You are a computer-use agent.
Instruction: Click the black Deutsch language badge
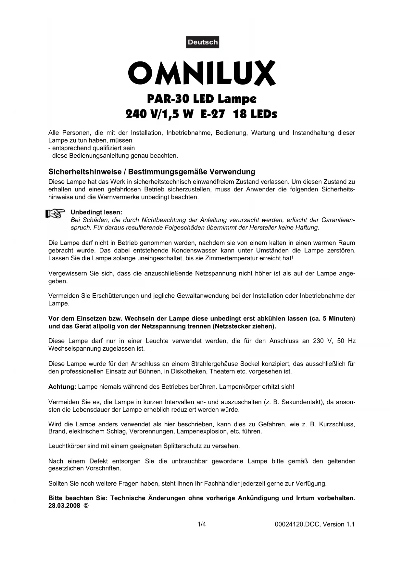[x=202, y=42]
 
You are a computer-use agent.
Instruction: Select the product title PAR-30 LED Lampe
[x=201, y=98]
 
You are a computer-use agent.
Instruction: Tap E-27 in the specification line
[x=213, y=114]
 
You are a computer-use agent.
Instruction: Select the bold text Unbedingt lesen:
[x=96, y=212]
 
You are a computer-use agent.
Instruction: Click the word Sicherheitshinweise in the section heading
[x=84, y=172]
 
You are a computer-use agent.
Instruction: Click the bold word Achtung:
[x=62, y=387]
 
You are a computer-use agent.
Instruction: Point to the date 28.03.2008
[x=64, y=506]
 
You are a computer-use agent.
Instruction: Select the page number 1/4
[x=202, y=524]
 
